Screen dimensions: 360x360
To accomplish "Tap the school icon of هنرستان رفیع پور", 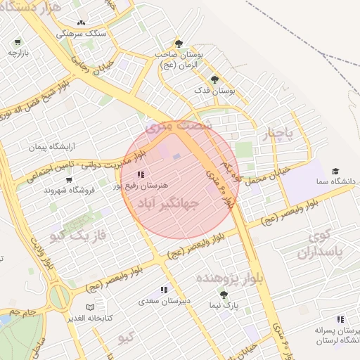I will (x=141, y=174).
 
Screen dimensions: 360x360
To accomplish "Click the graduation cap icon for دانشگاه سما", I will (x=335, y=171).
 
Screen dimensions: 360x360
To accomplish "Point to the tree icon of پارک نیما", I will (x=224, y=295).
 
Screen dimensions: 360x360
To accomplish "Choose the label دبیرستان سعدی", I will (x=163, y=300).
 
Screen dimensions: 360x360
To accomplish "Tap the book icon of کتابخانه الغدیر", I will (x=89, y=307).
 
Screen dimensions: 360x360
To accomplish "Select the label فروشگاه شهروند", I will (x=68, y=190).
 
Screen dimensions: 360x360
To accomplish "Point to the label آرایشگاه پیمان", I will (x=51, y=147).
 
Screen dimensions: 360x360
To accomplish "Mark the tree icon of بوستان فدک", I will (x=214, y=80).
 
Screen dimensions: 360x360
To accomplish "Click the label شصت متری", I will (x=179, y=125).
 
